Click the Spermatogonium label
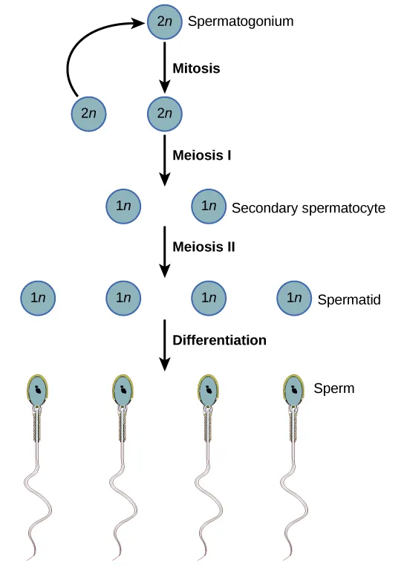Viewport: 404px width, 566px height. click(241, 22)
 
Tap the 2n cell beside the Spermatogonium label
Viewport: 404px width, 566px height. click(164, 22)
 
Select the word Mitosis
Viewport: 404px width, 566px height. click(196, 68)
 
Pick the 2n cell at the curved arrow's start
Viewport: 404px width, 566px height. click(88, 114)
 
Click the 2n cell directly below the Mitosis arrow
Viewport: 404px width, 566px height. click(164, 114)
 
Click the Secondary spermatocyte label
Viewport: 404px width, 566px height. click(308, 208)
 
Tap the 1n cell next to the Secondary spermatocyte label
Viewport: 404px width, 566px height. click(209, 207)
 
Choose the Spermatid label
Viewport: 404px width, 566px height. click(348, 300)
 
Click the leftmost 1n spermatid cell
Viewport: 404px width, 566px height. click(38, 298)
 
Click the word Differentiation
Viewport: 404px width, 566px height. click(219, 341)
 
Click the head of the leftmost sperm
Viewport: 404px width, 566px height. click(38, 390)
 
